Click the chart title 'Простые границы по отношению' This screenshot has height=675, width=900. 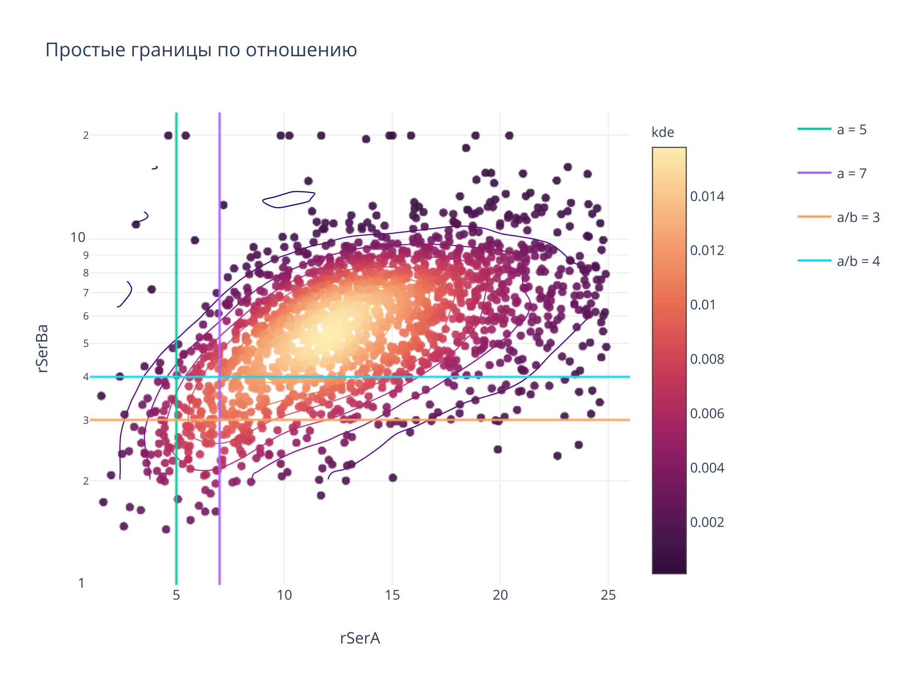(201, 50)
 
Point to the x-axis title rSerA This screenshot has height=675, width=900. (360, 638)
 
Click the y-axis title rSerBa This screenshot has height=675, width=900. (42, 348)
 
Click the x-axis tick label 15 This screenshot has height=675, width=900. (392, 595)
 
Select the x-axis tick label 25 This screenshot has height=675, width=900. (608, 595)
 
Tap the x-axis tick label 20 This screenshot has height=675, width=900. (500, 595)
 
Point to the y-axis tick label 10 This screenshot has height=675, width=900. (78, 238)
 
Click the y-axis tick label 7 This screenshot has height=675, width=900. (86, 293)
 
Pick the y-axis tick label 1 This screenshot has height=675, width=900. (81, 583)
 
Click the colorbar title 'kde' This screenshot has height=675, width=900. (662, 133)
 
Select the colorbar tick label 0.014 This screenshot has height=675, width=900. (707, 196)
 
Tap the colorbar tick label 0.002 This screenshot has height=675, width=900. (707, 522)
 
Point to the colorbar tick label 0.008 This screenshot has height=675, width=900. (707, 359)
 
